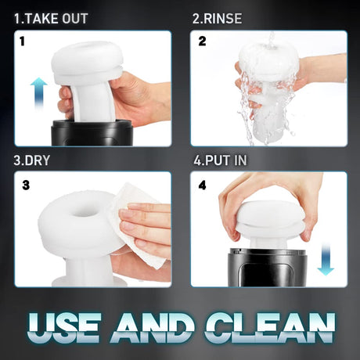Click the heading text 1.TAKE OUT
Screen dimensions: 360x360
51,19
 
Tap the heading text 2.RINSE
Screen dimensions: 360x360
217,19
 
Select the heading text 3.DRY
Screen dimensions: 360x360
31,160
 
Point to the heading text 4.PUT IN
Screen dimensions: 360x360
220,160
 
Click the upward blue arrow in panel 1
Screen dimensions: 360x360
38,92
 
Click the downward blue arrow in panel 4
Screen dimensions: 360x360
326,259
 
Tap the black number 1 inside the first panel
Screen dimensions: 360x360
23,41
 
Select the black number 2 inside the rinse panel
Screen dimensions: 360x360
202,41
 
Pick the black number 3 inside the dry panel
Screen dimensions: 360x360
26,185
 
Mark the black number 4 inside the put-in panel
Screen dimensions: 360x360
202,185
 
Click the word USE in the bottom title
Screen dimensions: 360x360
64,327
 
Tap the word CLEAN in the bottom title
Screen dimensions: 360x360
270,327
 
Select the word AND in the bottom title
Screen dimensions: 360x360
153,327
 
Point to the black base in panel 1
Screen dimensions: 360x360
92,133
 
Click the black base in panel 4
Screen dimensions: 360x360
268,268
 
